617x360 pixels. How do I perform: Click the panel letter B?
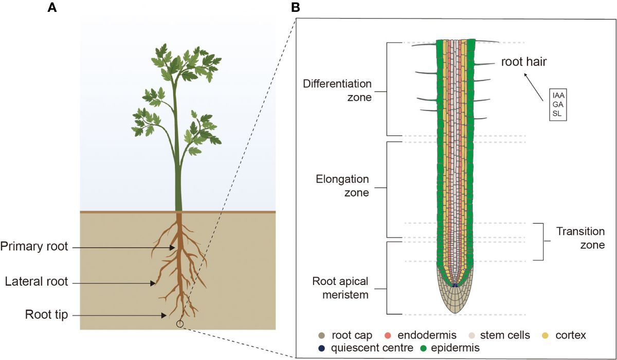(x=295, y=8)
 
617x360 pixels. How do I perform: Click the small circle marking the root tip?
(x=179, y=323)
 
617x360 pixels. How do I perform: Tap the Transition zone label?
(x=580, y=239)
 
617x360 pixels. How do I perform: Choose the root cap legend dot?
(x=322, y=335)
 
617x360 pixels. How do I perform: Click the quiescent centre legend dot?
(x=322, y=348)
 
